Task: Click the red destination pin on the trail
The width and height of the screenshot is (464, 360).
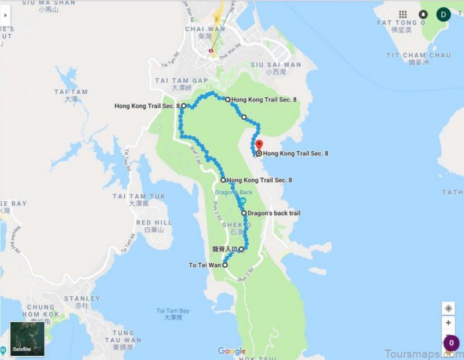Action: [259, 145]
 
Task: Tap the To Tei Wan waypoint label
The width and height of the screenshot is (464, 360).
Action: [205, 266]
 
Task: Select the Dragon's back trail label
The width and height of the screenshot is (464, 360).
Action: [273, 213]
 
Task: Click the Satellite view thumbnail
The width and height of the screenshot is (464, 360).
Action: [27, 339]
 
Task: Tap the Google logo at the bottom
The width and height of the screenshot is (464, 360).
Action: [232, 351]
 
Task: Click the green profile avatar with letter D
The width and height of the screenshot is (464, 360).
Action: [444, 14]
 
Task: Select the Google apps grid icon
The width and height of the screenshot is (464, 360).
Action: [403, 14]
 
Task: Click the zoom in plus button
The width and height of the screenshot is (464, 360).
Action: [448, 323]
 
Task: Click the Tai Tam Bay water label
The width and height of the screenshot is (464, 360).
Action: [173, 311]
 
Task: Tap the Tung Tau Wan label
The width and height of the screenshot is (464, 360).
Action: [123, 340]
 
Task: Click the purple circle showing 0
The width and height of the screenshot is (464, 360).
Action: [452, 344]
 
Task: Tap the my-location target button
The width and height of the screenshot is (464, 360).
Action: [448, 308]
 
